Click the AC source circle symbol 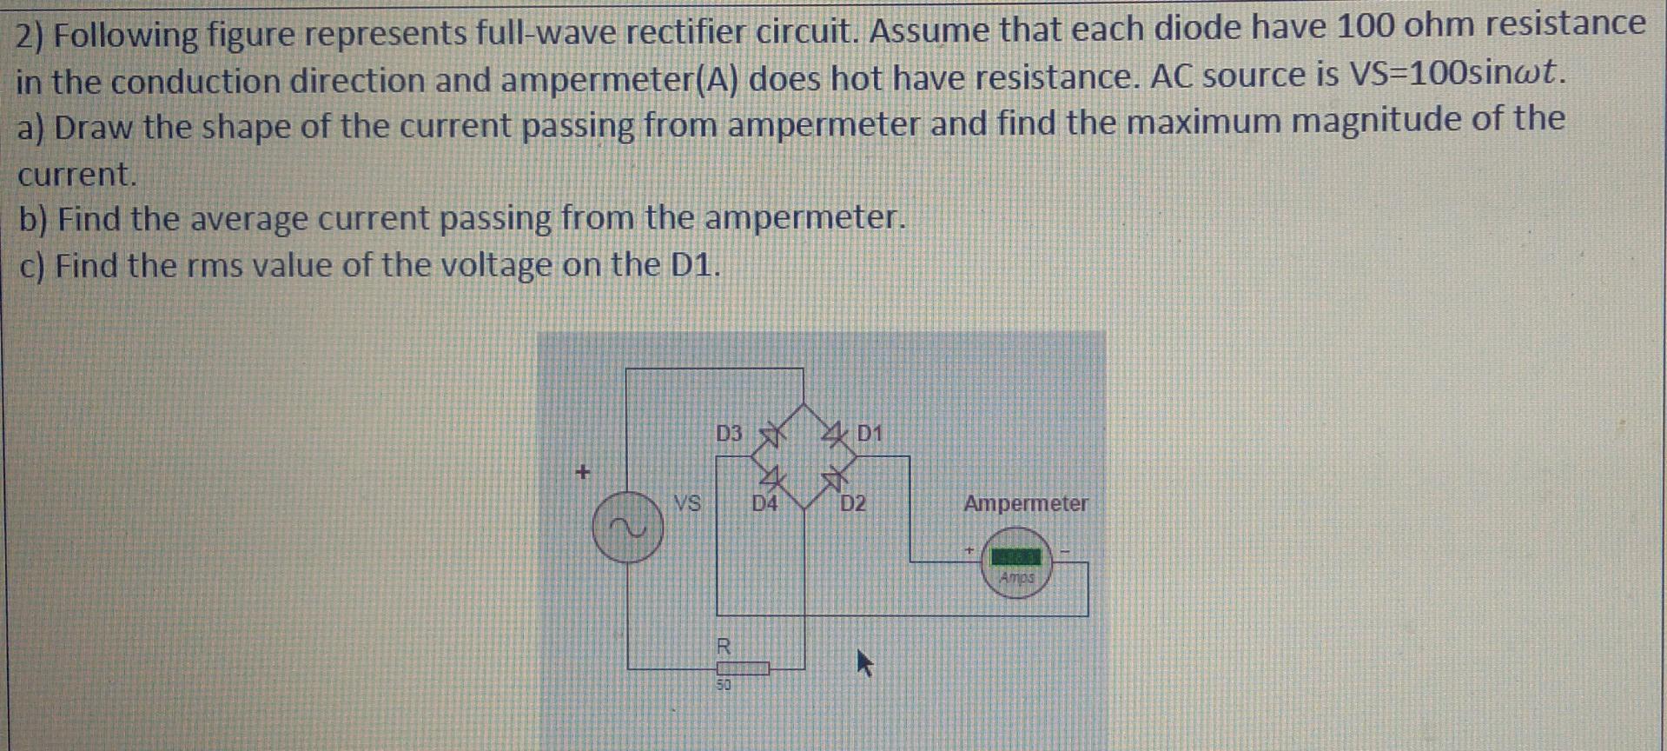[627, 528]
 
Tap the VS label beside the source [687, 503]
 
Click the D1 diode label [869, 433]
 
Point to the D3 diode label [729, 433]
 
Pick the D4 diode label [764, 503]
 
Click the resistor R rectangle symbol [743, 668]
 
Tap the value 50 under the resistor [724, 685]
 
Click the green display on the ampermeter [1016, 555]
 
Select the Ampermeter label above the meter [1025, 503]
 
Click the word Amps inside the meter [1016, 577]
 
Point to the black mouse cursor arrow [863, 663]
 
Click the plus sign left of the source [583, 473]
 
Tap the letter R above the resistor [723, 647]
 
